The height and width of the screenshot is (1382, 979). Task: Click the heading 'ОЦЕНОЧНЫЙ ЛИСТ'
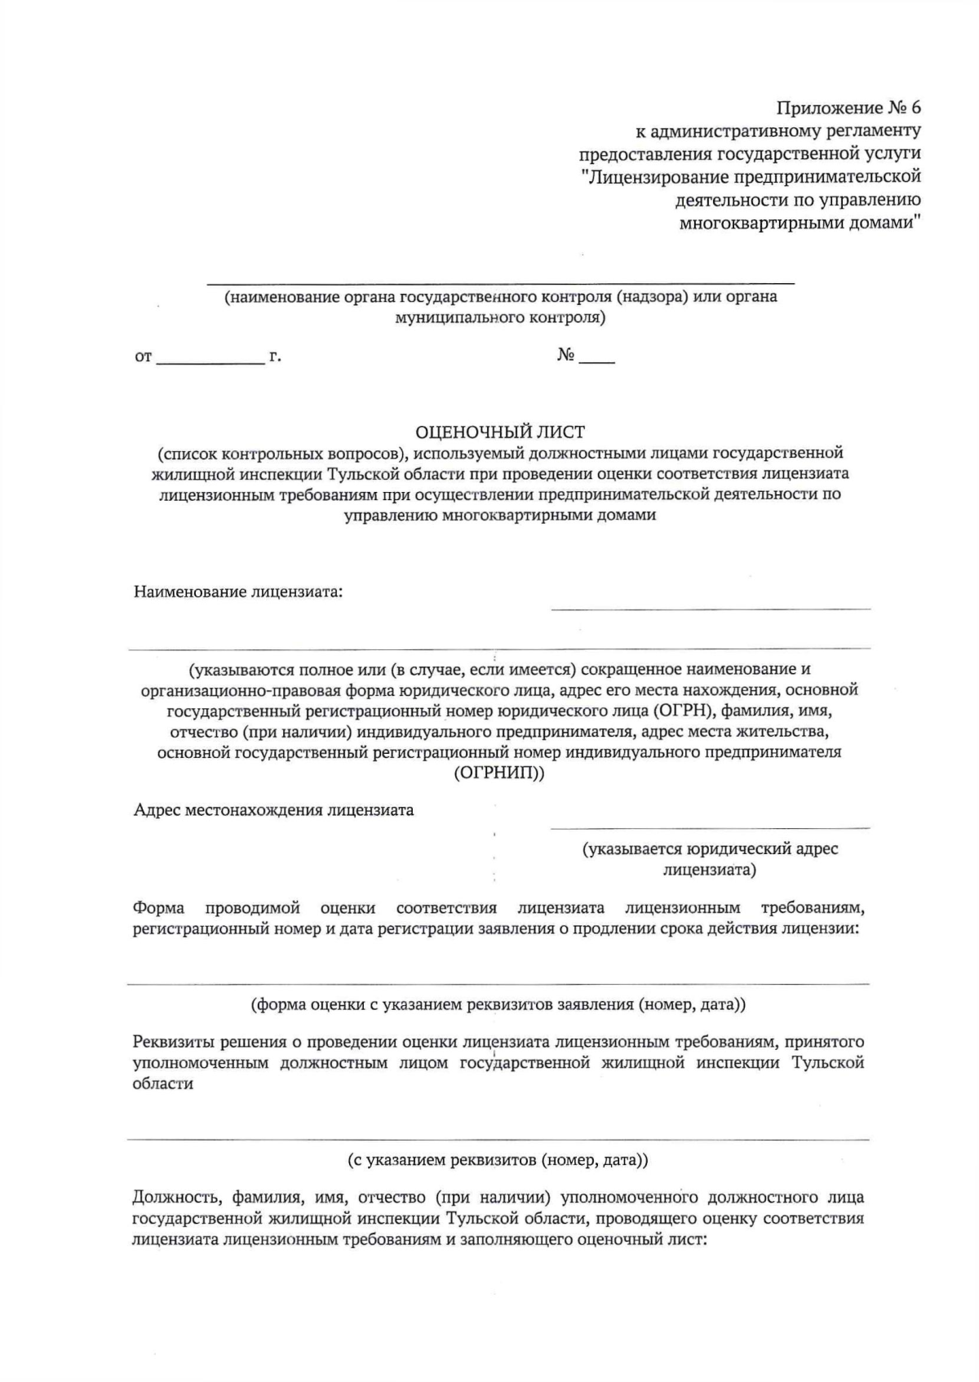(x=500, y=432)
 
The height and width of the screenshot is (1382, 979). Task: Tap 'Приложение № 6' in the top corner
(x=848, y=109)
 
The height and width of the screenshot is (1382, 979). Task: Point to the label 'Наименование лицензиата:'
(x=238, y=591)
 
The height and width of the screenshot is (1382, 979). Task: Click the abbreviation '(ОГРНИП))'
(x=499, y=773)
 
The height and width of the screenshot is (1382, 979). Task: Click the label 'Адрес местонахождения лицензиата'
(x=273, y=810)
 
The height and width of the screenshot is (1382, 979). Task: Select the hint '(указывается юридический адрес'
(x=710, y=849)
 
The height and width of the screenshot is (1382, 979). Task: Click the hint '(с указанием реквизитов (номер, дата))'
(x=498, y=1159)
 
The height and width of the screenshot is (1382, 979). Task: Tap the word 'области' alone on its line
(x=163, y=1084)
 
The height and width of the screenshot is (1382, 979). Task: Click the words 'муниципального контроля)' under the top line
(x=500, y=317)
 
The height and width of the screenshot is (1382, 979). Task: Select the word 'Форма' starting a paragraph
(x=158, y=908)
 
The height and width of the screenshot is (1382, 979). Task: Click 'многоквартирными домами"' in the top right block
(x=800, y=222)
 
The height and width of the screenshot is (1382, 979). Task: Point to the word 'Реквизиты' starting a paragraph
(x=168, y=1042)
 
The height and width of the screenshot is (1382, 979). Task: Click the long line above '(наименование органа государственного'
(x=500, y=283)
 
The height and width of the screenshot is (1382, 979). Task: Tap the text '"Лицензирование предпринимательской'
(x=751, y=176)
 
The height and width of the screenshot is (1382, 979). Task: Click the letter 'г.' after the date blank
(x=276, y=357)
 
